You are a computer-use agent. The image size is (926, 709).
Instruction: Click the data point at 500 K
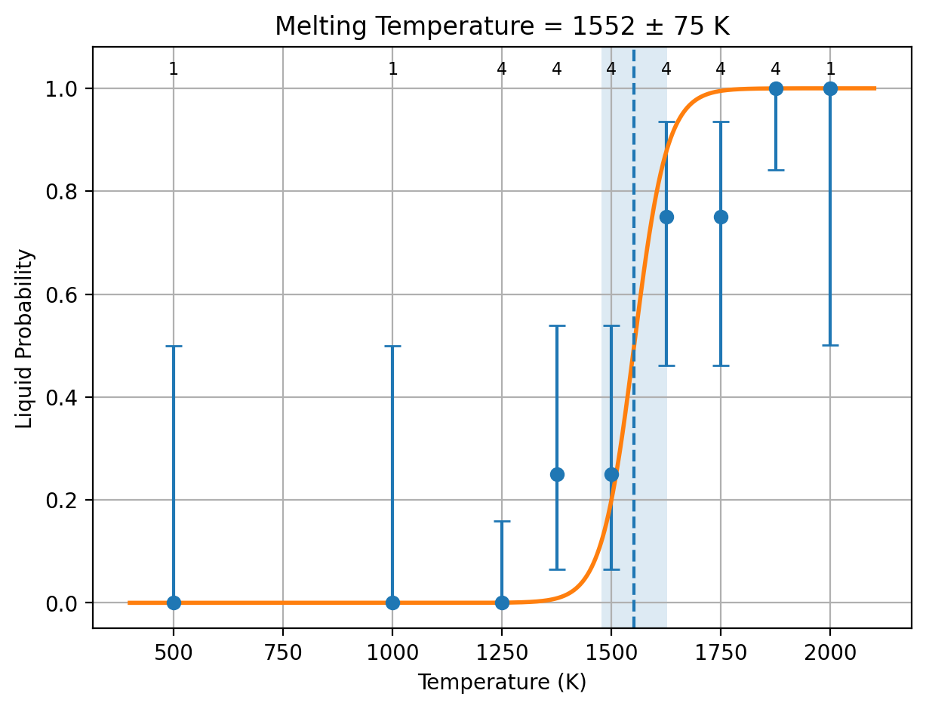coord(174,603)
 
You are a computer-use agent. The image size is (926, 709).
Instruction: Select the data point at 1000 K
coord(392,603)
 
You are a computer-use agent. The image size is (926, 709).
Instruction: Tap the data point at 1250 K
coord(502,603)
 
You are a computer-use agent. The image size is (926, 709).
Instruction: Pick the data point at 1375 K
coord(557,474)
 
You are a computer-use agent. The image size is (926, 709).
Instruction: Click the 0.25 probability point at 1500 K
coord(611,474)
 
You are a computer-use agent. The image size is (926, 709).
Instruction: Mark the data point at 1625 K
coord(666,217)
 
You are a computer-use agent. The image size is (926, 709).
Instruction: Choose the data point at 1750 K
coord(721,217)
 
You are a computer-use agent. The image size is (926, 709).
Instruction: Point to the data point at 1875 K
coord(775,88)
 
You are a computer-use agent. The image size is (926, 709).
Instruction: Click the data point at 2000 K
coord(830,88)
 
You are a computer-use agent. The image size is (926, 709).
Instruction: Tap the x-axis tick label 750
coord(283,653)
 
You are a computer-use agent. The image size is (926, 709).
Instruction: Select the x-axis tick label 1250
coord(502,653)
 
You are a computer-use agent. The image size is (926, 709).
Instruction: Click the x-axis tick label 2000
coord(830,653)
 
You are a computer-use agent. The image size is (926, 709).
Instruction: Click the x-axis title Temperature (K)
coord(502,683)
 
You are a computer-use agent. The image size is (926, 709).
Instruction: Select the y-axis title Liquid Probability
coord(24,339)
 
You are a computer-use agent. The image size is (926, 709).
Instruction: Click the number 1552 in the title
coord(603,26)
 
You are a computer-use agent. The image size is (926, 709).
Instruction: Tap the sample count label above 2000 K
coord(830,69)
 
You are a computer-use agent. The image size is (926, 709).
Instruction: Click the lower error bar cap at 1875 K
coord(775,170)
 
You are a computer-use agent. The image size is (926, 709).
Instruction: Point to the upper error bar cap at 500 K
coord(174,346)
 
